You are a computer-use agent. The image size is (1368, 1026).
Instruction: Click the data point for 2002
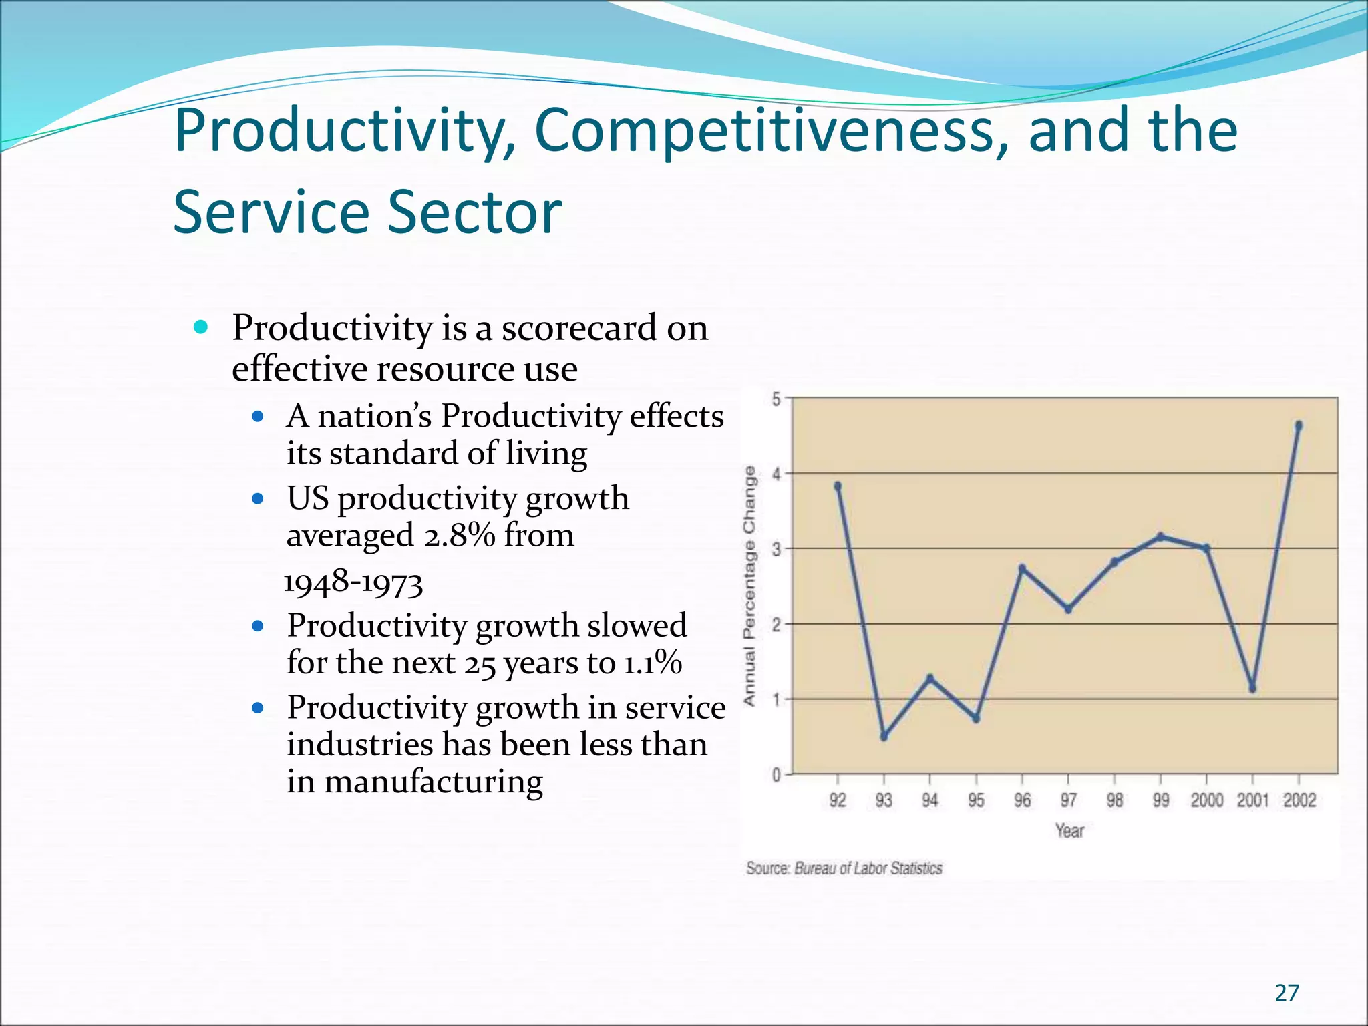point(1299,425)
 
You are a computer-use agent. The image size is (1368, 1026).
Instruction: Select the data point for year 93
point(884,736)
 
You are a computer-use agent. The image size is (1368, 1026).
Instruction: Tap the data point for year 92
point(838,486)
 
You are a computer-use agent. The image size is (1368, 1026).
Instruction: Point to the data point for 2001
point(1252,689)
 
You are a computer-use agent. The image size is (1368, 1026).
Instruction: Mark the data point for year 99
point(1160,536)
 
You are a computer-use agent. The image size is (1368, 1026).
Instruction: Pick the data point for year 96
point(1022,568)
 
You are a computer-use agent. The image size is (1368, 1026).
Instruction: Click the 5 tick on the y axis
point(776,399)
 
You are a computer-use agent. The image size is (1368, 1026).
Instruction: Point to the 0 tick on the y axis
point(776,775)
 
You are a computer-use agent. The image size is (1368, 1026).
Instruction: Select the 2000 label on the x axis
point(1206,800)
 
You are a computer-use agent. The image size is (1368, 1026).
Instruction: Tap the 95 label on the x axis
point(976,800)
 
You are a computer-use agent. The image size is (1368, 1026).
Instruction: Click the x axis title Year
point(1069,830)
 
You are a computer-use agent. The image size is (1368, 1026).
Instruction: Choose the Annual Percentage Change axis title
point(750,585)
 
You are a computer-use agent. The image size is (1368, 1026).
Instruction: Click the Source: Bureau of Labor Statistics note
point(844,868)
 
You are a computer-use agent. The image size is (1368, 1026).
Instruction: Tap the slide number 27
point(1287,993)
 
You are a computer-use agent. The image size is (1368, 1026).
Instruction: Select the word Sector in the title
point(474,212)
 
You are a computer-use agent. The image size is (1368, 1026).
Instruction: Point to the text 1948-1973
point(353,582)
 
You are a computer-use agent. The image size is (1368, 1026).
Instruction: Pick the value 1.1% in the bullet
point(653,663)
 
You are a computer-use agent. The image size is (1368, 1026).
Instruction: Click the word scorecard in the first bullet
point(579,328)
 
